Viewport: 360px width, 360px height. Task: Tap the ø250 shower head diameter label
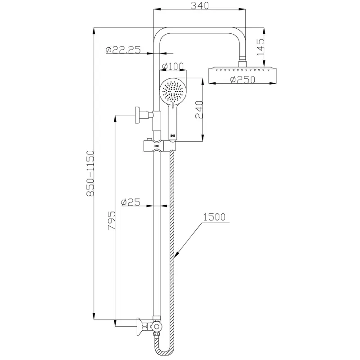[243, 80]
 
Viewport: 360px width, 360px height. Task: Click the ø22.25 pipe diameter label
[123, 50]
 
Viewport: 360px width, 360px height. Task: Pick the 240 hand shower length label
[199, 109]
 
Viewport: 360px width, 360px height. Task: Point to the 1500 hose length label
[214, 217]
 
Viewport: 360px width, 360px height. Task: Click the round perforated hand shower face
[173, 91]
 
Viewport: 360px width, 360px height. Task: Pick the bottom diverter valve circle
[157, 326]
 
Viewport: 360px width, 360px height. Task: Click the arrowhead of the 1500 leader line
[176, 256]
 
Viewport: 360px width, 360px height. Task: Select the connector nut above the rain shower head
[243, 62]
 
